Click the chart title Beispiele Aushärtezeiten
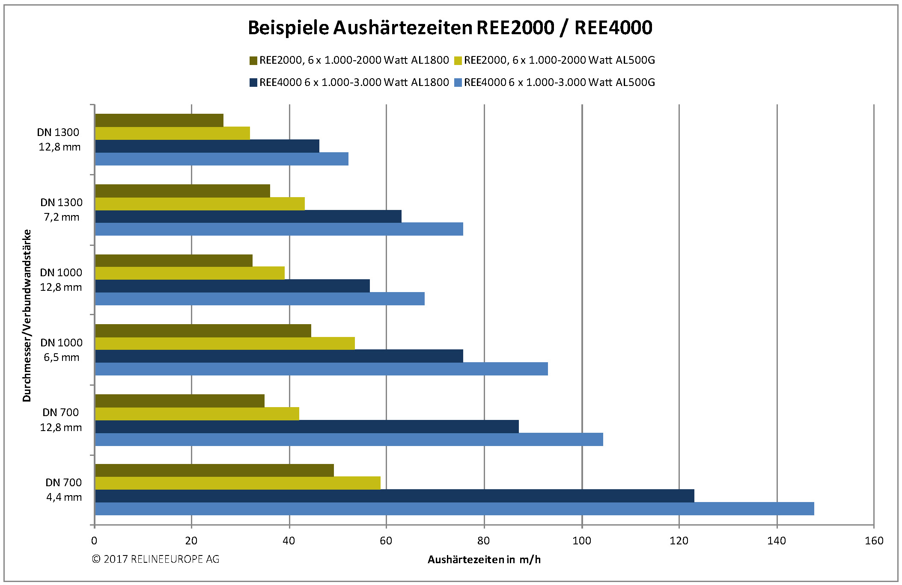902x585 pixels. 450,28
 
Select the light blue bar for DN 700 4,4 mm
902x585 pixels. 454,509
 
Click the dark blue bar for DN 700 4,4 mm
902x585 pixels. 394,496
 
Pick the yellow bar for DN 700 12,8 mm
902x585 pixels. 197,414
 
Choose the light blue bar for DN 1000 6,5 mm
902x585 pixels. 321,369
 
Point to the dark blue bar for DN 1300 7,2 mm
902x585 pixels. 248,216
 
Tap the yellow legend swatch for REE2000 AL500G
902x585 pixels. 458,61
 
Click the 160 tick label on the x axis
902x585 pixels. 874,541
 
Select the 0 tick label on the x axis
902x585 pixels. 94,541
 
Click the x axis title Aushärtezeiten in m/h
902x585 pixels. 484,560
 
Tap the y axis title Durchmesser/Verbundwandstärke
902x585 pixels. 27,315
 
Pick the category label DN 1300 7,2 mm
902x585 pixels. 61,210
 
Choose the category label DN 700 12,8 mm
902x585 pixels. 61,420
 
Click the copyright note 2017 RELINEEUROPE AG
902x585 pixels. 155,559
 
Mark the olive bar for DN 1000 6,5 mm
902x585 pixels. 203,331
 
